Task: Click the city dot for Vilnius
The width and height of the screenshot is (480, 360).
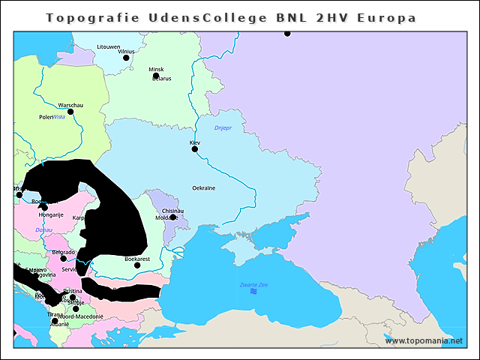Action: tap(126, 58)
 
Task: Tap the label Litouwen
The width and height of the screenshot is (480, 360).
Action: tap(108, 46)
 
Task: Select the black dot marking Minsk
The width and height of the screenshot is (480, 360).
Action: tap(156, 76)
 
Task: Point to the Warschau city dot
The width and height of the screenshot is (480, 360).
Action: tap(70, 112)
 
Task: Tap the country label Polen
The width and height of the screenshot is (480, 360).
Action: tap(45, 118)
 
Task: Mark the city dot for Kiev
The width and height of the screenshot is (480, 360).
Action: tap(195, 149)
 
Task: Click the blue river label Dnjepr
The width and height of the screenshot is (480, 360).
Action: tap(223, 129)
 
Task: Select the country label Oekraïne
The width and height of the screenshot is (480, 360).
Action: tap(204, 188)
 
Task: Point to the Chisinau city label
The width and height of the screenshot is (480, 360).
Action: tap(172, 211)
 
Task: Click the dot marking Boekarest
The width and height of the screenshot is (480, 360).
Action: tap(137, 265)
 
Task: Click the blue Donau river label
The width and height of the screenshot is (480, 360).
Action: tap(43, 229)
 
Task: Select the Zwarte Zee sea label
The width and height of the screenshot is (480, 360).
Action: tap(253, 284)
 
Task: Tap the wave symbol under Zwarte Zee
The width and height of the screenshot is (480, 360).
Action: tap(253, 292)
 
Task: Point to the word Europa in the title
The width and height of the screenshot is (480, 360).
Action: tap(387, 17)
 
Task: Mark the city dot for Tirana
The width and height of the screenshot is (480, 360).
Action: tap(54, 321)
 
